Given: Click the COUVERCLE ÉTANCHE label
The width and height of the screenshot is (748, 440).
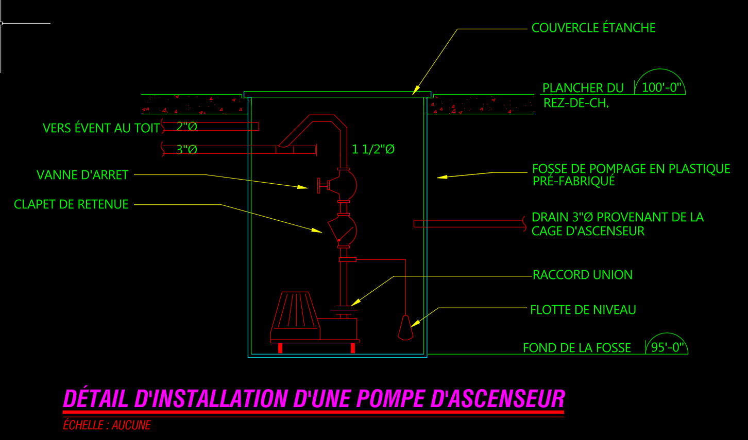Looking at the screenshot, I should click(593, 28).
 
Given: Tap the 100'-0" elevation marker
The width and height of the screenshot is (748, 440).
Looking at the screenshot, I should click(662, 87).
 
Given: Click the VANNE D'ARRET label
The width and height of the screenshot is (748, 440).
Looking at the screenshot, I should click(82, 175).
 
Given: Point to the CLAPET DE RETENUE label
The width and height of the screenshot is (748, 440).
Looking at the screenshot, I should click(71, 204).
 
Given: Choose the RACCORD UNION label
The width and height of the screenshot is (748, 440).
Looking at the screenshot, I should click(583, 275).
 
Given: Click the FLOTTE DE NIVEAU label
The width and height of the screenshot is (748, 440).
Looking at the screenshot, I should click(583, 310).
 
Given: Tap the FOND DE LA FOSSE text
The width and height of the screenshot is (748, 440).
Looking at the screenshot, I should click(577, 348).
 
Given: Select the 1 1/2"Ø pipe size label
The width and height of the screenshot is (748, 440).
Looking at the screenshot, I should click(373, 149).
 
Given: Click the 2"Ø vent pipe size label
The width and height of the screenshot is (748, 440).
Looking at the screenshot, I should click(186, 127).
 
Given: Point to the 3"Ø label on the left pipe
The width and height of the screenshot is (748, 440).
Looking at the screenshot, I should click(186, 150).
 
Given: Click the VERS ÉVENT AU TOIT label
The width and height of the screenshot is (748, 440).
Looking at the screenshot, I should click(101, 128).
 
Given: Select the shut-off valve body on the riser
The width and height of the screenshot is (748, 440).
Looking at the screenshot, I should click(343, 183).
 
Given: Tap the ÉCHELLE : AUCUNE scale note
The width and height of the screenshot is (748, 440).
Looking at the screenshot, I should click(107, 425).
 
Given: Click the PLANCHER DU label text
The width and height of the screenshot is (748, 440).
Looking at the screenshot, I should click(583, 88).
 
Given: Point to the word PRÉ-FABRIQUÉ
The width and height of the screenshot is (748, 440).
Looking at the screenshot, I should click(574, 181).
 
